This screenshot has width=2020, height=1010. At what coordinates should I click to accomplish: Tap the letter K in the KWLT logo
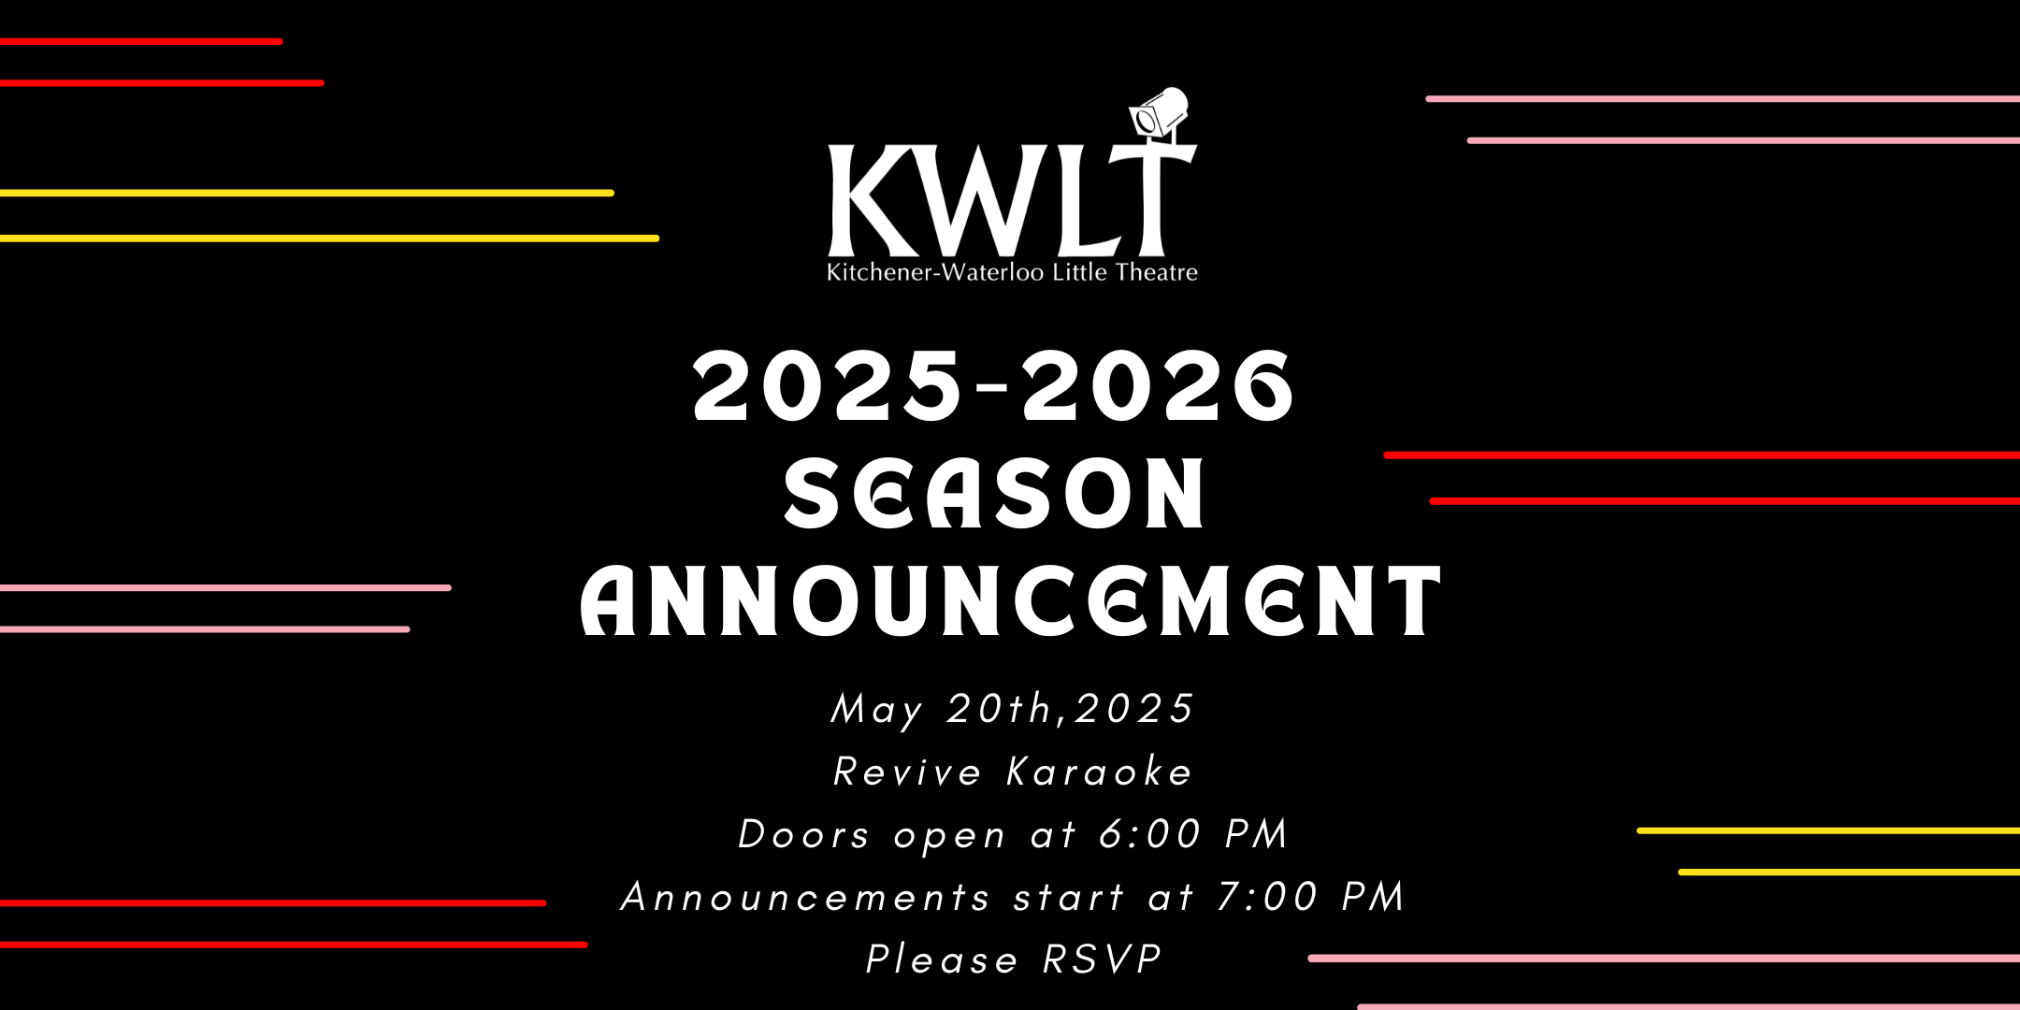pos(873,200)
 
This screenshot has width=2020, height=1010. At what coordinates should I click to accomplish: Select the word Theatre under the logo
pos(1157,272)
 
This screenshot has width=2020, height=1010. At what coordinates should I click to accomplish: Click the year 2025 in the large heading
pos(827,385)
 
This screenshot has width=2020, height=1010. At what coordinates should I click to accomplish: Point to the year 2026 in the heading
pos(1159,385)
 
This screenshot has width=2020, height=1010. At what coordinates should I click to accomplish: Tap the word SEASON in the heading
pos(994,493)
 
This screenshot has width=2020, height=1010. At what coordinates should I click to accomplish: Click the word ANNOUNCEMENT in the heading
pos(1011,600)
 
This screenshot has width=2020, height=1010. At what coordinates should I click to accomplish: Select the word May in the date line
pos(877,710)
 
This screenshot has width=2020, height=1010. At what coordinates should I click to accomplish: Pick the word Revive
pos(907,772)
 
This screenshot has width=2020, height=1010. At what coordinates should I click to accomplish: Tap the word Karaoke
pos(1100,772)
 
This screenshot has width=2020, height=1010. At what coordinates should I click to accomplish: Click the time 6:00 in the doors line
pos(1150,834)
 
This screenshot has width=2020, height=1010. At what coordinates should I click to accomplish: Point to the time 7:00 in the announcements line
pos(1267,897)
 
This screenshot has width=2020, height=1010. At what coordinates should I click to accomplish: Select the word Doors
pos(804,834)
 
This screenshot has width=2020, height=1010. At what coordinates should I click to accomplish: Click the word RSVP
pos(1103,959)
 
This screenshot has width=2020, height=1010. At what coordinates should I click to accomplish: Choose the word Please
pos(942,959)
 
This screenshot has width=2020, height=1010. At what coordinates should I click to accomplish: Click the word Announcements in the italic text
pos(805,897)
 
